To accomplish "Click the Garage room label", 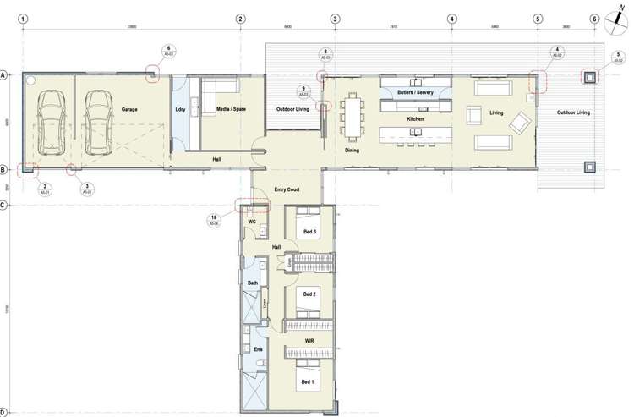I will click(x=129, y=110).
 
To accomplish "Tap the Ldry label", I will click(x=180, y=110).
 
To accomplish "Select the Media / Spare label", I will click(x=231, y=110).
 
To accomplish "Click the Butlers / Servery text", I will click(x=415, y=92).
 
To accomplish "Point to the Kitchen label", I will click(x=415, y=119).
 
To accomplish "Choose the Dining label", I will click(x=352, y=151).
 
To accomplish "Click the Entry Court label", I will click(x=287, y=189).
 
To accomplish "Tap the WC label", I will click(x=251, y=222).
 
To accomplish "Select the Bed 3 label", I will click(x=309, y=232).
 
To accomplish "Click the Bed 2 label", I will click(x=309, y=294).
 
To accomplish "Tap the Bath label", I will click(x=252, y=283).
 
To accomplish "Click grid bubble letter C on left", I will click(x=4, y=206).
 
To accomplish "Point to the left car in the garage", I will click(x=51, y=123).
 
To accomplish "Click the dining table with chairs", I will click(x=352, y=116).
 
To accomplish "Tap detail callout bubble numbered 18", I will click(x=215, y=220).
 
